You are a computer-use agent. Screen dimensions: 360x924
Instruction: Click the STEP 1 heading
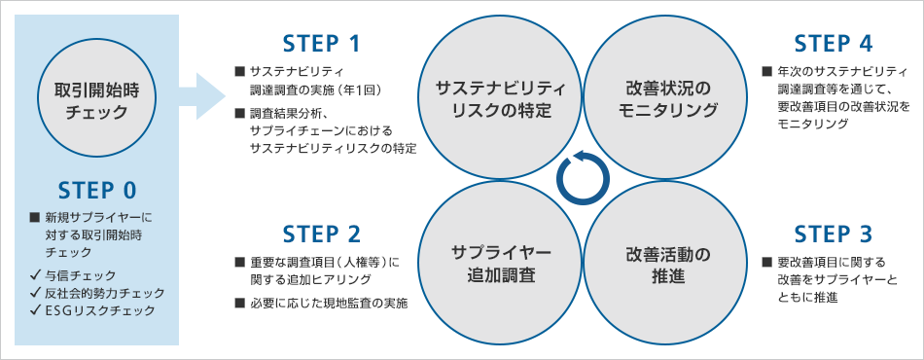click(x=321, y=44)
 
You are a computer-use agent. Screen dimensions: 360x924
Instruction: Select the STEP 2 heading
click(x=321, y=234)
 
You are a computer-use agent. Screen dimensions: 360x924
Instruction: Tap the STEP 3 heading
click(x=834, y=234)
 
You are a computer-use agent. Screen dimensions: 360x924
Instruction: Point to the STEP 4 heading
click(x=834, y=44)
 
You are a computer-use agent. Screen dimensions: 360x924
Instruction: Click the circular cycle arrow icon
click(x=584, y=177)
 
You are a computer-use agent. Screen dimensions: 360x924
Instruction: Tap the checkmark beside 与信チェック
click(x=37, y=275)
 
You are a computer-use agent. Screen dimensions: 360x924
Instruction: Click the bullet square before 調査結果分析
click(x=239, y=112)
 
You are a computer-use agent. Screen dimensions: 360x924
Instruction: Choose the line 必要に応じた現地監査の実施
click(x=328, y=304)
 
